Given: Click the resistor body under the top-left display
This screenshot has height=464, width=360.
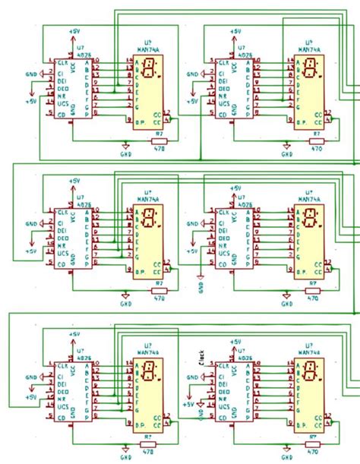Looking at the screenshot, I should tap(159, 140).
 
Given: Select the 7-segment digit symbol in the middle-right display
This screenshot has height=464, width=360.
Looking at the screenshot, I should tap(311, 222).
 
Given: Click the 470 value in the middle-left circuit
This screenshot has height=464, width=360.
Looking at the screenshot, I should tap(159, 299).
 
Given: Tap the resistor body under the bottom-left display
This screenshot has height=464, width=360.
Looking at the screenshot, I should tap(149, 443).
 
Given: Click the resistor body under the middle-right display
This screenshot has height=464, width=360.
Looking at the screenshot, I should tap(312, 292).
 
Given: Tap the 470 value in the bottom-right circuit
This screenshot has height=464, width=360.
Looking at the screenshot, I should tap(311, 453).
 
